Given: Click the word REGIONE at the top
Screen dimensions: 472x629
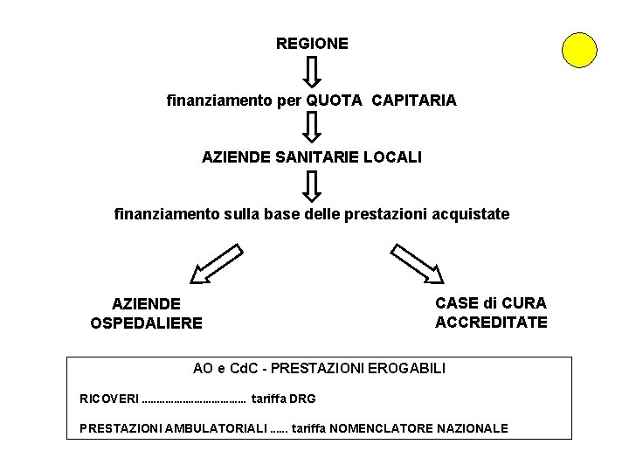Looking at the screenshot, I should click(x=312, y=43).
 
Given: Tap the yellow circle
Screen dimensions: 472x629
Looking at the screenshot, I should click(x=579, y=50).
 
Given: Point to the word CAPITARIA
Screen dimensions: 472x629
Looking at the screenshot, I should click(x=413, y=101).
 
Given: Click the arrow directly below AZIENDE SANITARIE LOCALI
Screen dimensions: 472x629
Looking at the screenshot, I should click(x=312, y=184).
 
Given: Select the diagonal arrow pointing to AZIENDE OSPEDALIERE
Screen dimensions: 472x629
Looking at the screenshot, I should click(x=215, y=264).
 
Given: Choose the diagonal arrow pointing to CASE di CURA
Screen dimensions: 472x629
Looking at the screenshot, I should click(x=417, y=264).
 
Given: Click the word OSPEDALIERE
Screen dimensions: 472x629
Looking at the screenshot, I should click(x=146, y=323).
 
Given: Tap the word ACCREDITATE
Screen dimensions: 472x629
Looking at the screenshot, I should click(x=491, y=322).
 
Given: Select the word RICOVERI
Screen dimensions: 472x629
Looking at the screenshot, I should click(x=108, y=399).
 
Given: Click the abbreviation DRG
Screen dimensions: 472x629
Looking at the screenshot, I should click(x=301, y=399).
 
